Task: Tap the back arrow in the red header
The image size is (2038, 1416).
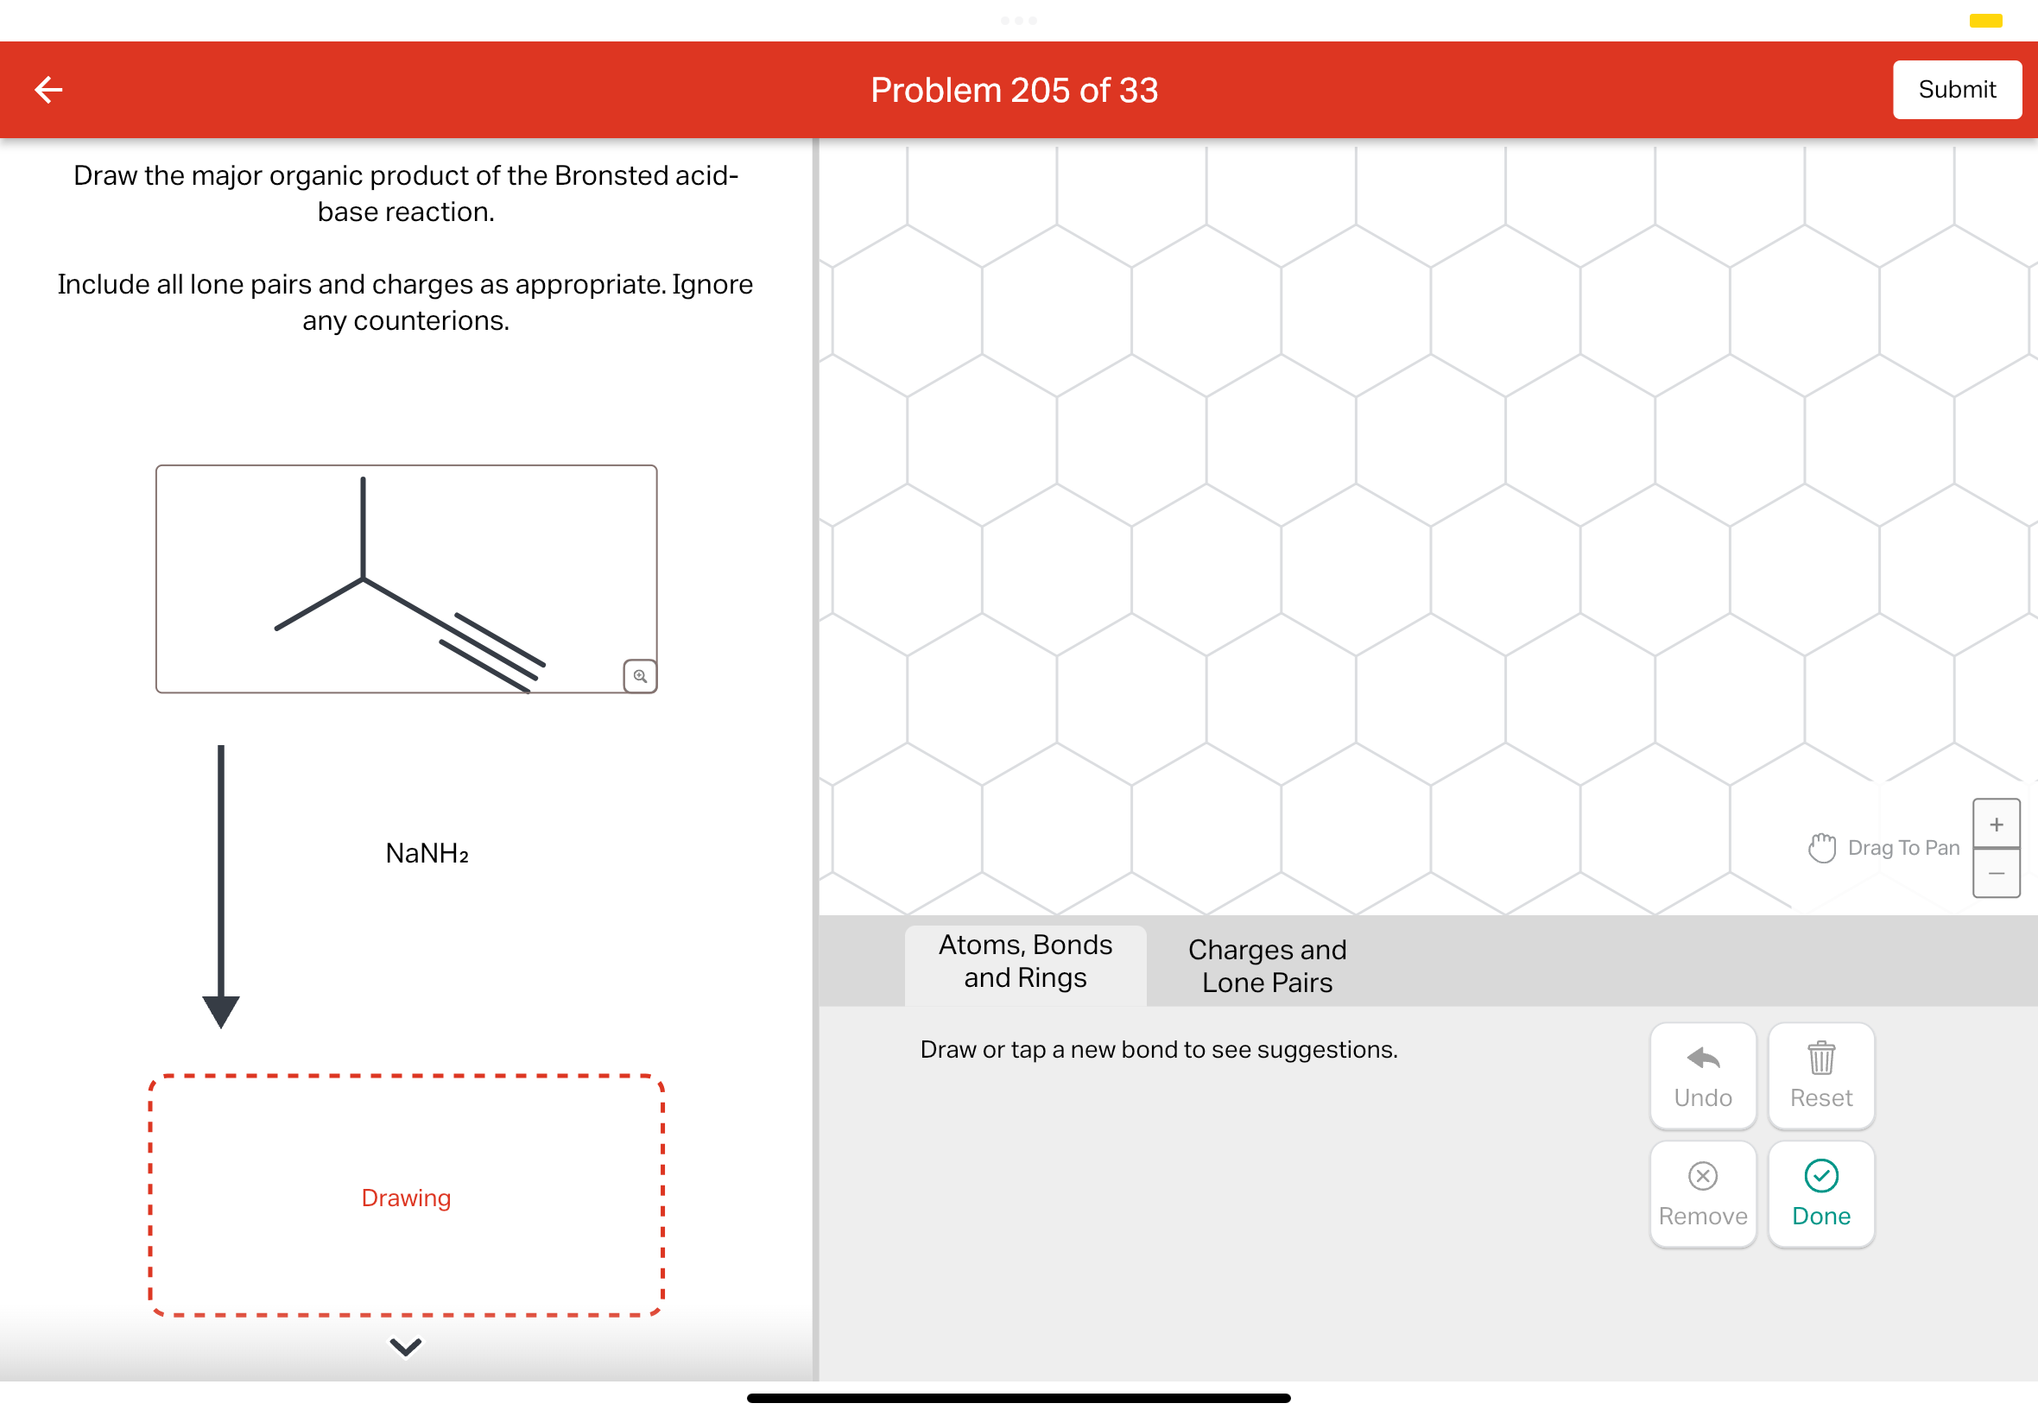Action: click(x=49, y=90)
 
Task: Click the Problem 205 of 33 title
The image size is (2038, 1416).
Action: click(x=1013, y=91)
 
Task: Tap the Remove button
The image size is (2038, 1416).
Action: click(x=1702, y=1194)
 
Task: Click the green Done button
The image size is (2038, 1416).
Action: click(x=1820, y=1194)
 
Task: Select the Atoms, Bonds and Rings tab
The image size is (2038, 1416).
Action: click(x=1025, y=962)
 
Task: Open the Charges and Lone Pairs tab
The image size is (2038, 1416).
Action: click(x=1266, y=966)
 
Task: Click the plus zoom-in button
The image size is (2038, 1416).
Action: click(x=1996, y=825)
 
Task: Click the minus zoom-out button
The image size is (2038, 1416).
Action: click(x=1996, y=874)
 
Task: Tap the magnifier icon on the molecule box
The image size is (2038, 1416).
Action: click(x=640, y=676)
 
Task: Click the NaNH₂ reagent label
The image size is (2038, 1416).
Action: click(x=427, y=854)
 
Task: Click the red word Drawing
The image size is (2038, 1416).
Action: click(x=406, y=1198)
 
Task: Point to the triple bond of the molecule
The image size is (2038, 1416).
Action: click(x=492, y=652)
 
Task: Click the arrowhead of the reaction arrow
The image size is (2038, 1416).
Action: click(x=221, y=1010)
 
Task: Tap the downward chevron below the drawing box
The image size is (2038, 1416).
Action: click(x=406, y=1347)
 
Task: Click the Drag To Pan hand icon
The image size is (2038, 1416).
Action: click(x=1820, y=848)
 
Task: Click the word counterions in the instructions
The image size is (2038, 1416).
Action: click(x=430, y=320)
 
